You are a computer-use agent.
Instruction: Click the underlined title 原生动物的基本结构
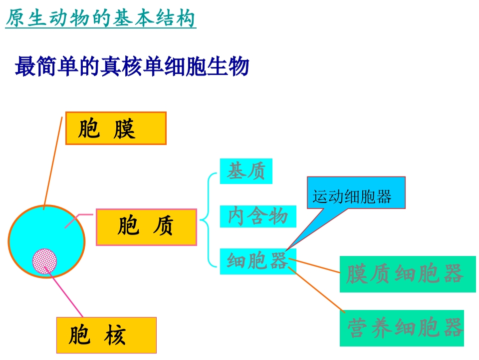[100, 19]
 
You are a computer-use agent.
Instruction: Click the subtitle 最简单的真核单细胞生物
[132, 66]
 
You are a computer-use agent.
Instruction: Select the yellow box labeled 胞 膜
[116, 128]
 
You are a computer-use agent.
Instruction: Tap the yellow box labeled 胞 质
[146, 227]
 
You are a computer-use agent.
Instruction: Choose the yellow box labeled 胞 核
[106, 335]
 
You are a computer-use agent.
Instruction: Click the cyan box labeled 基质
[246, 171]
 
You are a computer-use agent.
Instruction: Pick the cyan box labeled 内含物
[258, 216]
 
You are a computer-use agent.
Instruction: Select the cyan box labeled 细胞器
[258, 261]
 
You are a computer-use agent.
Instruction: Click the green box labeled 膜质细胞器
[408, 274]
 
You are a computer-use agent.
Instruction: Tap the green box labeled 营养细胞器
[402, 328]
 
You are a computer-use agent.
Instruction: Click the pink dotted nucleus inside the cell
[44, 260]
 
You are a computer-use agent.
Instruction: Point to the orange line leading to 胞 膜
[53, 160]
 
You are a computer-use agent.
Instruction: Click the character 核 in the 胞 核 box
[115, 335]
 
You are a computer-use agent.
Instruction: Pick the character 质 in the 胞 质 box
[163, 227]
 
